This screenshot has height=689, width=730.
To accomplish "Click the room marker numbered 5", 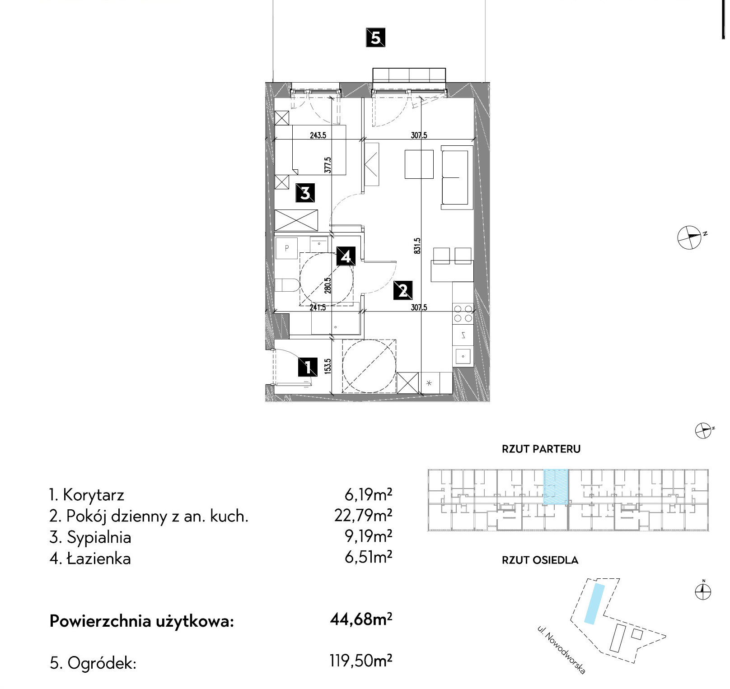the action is click(375, 37).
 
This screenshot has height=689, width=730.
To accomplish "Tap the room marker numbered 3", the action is click(305, 193).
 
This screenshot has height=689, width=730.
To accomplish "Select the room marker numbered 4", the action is click(346, 256).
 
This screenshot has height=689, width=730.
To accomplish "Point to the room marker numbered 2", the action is click(403, 290).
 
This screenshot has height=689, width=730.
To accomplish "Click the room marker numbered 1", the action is click(308, 367).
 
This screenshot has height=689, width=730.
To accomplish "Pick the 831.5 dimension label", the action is click(417, 246).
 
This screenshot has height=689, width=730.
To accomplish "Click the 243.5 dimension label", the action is click(318, 135).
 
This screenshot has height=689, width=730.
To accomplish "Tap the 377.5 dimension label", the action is click(328, 165).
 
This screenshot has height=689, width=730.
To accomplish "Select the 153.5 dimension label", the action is click(328, 366).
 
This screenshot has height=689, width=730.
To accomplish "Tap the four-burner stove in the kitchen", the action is click(463, 314).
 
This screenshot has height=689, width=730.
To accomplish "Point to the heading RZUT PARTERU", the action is click(541, 449).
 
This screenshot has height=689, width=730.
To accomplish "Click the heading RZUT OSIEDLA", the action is click(540, 560).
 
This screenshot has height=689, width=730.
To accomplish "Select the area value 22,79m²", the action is click(363, 515).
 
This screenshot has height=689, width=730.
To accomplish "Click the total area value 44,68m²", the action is click(361, 619).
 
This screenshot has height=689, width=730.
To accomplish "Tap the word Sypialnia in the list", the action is click(99, 538).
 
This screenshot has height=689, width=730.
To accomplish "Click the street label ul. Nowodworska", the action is click(562, 650).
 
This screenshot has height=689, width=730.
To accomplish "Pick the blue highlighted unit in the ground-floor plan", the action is click(555, 487).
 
